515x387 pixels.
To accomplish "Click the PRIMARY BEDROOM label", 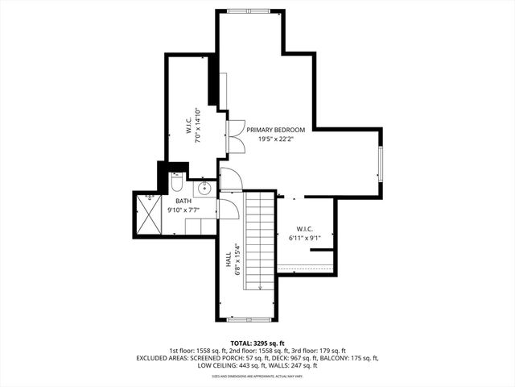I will pyautogui.click(x=276, y=130).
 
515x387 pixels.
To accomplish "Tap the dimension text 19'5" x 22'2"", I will pyautogui.click(x=276, y=139).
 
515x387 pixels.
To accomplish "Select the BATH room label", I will pyautogui.click(x=183, y=201).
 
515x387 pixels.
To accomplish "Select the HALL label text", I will pyautogui.click(x=229, y=259).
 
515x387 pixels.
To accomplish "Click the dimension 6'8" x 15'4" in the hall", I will pyautogui.click(x=237, y=259).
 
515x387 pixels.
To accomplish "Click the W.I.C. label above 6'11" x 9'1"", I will pyautogui.click(x=303, y=228).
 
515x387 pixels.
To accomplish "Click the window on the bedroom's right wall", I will pyautogui.click(x=381, y=164).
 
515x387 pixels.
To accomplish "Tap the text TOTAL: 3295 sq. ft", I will pyautogui.click(x=257, y=343).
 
